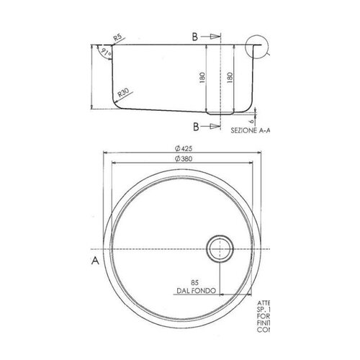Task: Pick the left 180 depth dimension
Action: pos(204,76)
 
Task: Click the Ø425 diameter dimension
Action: pos(181,148)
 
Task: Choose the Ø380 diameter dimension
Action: pos(181,159)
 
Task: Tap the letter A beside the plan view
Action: pos(94,261)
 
